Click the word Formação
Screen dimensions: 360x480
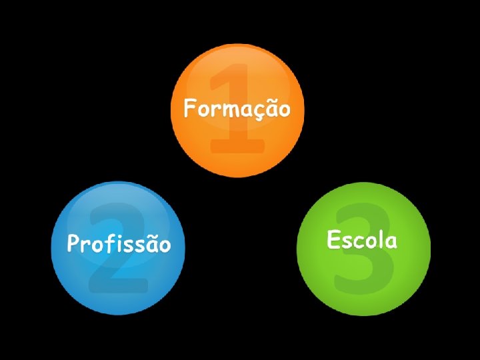[237, 108]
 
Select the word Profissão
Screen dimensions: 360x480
[119, 244]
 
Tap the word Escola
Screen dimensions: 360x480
[362, 239]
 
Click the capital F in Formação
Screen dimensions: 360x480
[191, 107]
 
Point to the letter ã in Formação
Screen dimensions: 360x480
[271, 108]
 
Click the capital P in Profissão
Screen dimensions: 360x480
[73, 243]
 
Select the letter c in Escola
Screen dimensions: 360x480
[357, 241]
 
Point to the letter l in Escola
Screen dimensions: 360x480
[380, 239]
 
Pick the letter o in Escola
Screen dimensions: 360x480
[369, 241]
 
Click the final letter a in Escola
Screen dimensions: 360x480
[391, 241]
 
